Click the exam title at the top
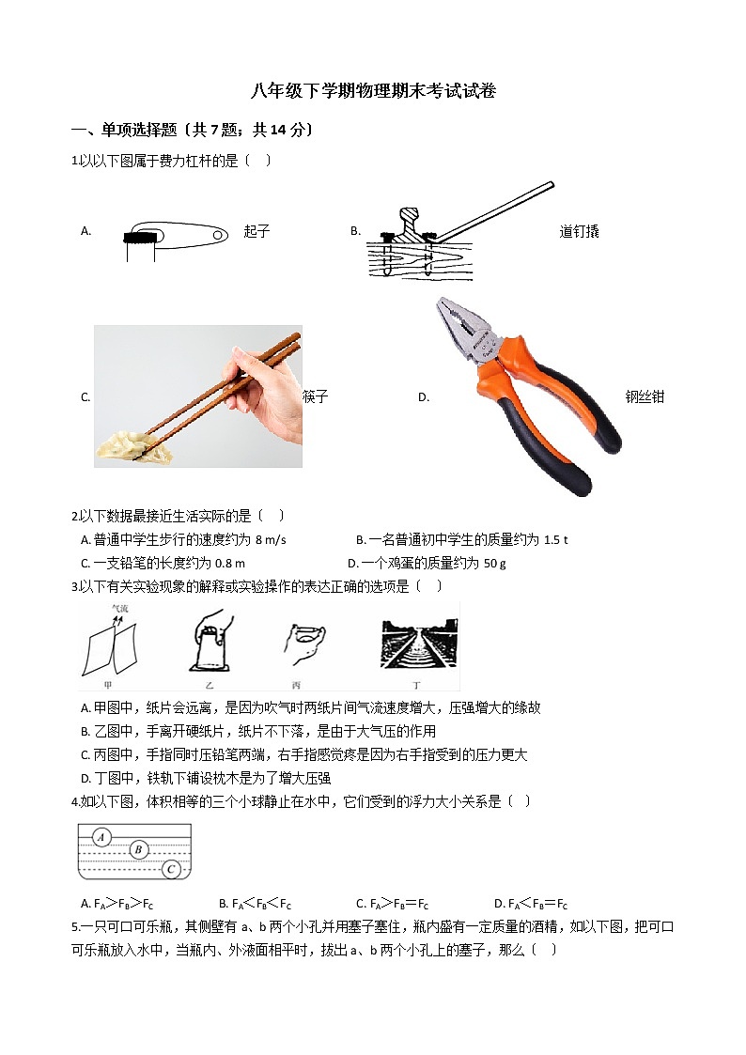[x=373, y=91]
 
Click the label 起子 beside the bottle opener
[x=256, y=231]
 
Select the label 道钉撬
[x=579, y=231]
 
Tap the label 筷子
[x=316, y=396]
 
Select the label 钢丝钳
[x=645, y=396]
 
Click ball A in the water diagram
[x=103, y=837]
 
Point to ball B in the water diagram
[x=138, y=851]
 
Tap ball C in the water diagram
[x=171, y=869]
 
